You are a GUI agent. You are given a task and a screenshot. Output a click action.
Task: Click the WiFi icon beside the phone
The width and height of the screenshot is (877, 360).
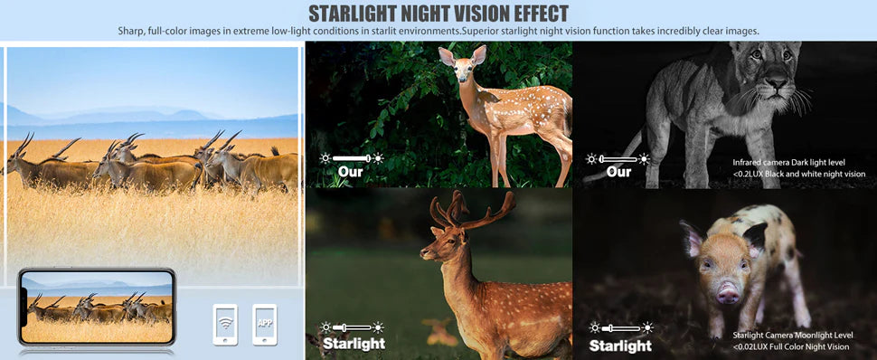click(x=224, y=323)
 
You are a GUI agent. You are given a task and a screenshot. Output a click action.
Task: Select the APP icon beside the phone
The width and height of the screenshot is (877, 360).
click(x=265, y=323)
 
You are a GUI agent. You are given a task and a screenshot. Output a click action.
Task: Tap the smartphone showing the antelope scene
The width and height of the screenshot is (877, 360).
click(x=97, y=308)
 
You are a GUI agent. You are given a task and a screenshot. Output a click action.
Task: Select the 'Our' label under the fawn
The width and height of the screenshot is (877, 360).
click(x=350, y=171)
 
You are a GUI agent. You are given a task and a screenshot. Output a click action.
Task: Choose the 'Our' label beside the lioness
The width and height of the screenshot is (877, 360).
click(x=618, y=171)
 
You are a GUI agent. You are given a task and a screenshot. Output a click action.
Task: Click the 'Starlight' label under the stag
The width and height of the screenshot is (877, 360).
click(x=354, y=344)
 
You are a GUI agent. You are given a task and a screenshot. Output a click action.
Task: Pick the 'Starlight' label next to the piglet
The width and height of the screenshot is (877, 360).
click(x=620, y=345)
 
